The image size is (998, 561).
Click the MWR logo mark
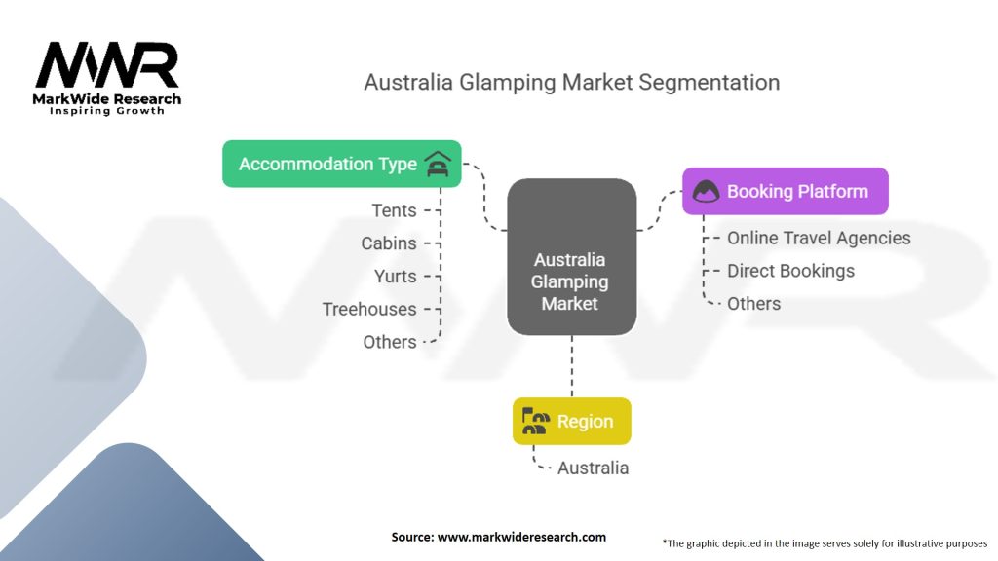click(107, 65)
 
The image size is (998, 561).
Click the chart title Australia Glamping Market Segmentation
click(571, 83)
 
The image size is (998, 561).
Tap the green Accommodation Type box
click(342, 164)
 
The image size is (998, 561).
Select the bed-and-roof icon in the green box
click(438, 164)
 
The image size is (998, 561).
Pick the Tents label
click(394, 210)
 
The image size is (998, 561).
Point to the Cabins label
click(389, 243)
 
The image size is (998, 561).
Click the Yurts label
click(396, 277)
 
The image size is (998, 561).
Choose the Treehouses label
click(369, 309)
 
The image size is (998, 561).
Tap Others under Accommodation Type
click(390, 342)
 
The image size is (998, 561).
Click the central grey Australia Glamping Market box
click(571, 257)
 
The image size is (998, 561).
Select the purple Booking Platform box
click(786, 192)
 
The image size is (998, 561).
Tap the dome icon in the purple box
click(706, 192)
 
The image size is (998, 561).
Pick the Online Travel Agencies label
click(819, 238)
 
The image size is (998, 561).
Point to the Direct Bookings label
click(790, 271)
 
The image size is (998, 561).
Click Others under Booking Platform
click(753, 304)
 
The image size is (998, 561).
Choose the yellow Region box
click(571, 421)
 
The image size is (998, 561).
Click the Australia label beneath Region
click(594, 468)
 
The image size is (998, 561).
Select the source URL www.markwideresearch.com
click(521, 537)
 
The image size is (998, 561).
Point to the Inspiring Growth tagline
click(107, 111)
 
